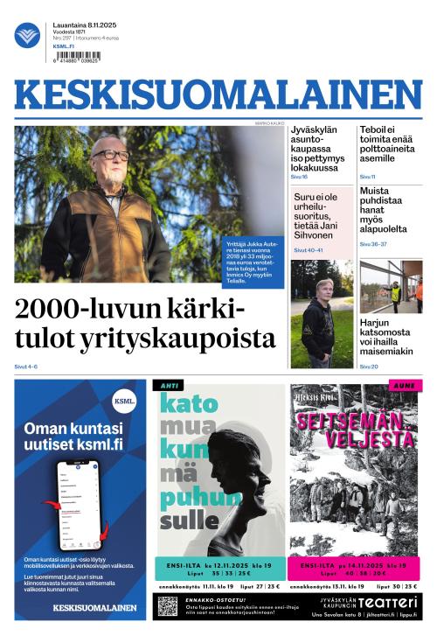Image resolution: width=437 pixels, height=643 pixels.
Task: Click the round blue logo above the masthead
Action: (x=27, y=35)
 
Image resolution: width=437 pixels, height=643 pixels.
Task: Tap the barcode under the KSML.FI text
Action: (x=76, y=56)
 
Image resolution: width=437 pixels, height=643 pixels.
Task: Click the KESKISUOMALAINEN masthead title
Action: (x=218, y=95)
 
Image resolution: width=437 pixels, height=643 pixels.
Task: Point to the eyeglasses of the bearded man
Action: (x=111, y=155)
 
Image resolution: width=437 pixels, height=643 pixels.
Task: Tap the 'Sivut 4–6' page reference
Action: (x=26, y=367)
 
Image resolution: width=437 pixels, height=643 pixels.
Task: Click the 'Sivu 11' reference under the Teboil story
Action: (x=367, y=177)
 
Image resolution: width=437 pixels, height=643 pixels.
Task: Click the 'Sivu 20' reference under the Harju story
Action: (x=368, y=367)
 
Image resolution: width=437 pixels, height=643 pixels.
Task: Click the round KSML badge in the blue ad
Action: (x=125, y=402)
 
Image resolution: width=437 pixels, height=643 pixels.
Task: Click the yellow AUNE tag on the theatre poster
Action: (x=404, y=385)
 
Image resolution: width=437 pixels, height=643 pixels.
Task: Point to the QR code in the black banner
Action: (x=168, y=605)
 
